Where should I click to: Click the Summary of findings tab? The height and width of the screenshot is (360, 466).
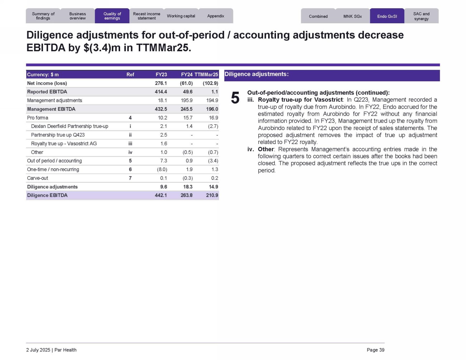tap(43, 16)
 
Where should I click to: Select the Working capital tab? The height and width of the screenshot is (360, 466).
tap(181, 16)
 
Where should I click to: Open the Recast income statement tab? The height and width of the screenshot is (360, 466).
tap(147, 16)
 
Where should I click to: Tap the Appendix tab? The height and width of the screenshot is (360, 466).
tap(216, 16)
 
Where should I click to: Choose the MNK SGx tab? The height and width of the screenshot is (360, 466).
tap(352, 16)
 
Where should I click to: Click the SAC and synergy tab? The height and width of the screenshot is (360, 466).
tap(421, 16)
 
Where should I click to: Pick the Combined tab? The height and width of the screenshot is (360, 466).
tap(318, 16)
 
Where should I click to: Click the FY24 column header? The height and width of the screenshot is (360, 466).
tap(187, 75)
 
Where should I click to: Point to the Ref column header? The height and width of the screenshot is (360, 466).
tap(130, 75)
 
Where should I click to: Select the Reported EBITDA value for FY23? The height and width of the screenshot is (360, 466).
tap(161, 92)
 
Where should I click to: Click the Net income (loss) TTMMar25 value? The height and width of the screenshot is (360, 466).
tap(210, 83)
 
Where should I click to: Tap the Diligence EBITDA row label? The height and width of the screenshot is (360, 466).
tap(47, 195)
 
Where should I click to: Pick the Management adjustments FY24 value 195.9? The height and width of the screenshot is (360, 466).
tap(187, 100)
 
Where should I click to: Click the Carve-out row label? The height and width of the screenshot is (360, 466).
tap(38, 178)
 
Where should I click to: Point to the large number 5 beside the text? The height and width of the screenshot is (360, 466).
tap(235, 98)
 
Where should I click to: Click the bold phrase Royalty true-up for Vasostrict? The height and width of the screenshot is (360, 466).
tap(300, 100)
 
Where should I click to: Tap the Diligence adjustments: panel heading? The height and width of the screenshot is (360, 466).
tap(256, 74)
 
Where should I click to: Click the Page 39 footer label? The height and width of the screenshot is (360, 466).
tap(375, 350)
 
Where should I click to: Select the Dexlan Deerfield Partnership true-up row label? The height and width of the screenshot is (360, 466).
tap(70, 126)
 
